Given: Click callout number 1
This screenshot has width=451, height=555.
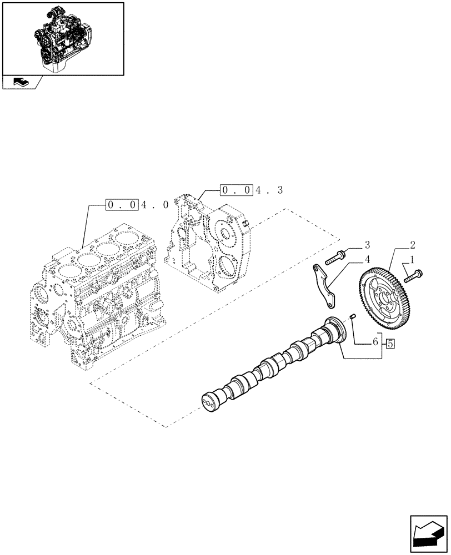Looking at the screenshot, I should tap(412, 260).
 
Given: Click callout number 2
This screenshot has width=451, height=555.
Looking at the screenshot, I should tap(412, 244).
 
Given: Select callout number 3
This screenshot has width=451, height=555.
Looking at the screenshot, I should tap(367, 245).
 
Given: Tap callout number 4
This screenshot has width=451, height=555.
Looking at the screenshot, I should tap(367, 259).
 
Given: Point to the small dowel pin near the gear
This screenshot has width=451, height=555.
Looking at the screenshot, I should tap(352, 317).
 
